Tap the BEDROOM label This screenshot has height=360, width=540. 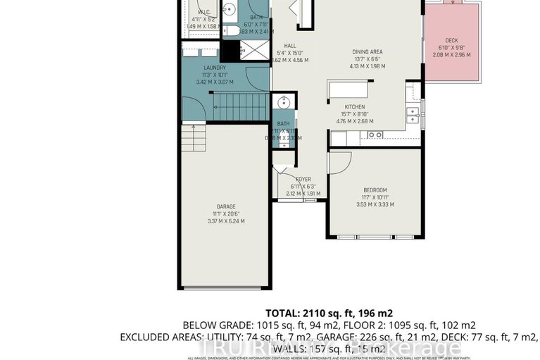point(375,190)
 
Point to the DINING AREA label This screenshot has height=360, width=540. point(368,51)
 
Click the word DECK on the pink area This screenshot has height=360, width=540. point(452,41)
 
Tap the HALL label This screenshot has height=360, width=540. point(289,45)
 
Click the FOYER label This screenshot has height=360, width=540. point(303,179)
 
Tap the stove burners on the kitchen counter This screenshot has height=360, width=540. point(375,135)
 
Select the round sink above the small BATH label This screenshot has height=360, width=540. point(282,103)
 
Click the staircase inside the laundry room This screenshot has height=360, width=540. point(240,107)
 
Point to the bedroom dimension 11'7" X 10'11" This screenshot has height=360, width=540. point(375,197)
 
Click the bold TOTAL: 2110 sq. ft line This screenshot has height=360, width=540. point(329,313)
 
